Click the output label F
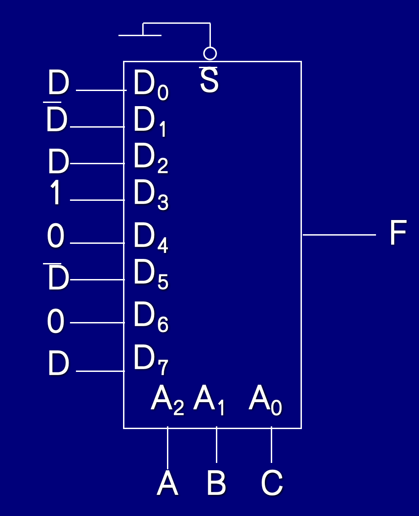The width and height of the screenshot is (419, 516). (398, 233)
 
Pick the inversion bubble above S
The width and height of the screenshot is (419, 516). (210, 54)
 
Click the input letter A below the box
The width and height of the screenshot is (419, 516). (167, 484)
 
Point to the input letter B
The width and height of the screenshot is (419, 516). (216, 484)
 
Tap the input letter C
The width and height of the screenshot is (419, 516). (272, 484)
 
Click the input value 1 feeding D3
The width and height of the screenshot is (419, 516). (56, 193)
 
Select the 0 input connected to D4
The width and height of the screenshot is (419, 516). (56, 237)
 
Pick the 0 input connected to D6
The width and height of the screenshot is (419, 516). (56, 322)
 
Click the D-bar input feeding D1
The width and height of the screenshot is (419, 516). (57, 121)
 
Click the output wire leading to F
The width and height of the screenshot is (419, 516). (338, 235)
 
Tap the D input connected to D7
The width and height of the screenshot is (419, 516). (58, 365)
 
